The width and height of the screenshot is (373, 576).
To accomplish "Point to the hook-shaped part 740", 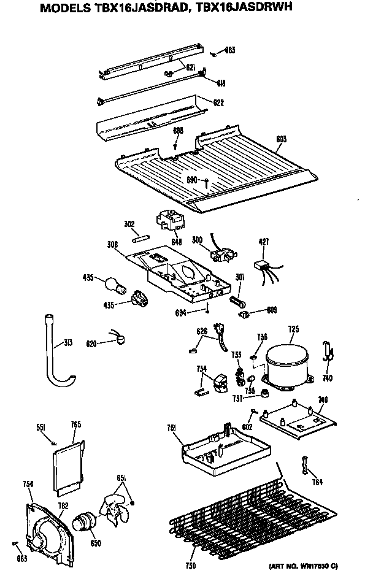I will (x=328, y=353).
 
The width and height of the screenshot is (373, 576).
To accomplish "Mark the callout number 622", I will (x=218, y=102).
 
